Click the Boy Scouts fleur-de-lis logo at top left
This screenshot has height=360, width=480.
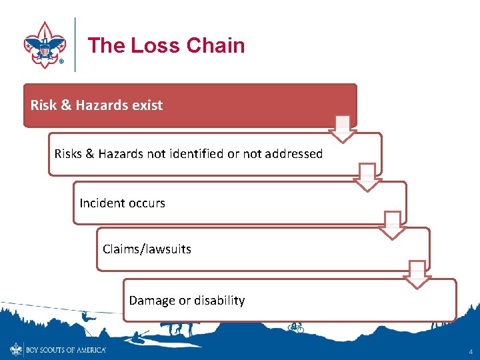click(44, 44)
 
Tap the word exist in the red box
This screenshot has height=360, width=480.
click(147, 105)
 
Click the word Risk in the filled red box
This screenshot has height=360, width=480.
click(43, 105)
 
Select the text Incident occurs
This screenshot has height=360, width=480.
click(122, 203)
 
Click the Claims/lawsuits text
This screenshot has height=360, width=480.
click(147, 249)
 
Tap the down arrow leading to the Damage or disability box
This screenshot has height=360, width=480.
click(418, 274)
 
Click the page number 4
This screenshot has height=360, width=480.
click(471, 351)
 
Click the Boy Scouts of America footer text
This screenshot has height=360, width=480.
click(65, 349)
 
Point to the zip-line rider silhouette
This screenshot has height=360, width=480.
click(86, 317)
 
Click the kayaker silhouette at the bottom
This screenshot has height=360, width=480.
click(141, 335)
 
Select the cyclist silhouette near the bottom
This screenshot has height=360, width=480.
click(295, 327)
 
